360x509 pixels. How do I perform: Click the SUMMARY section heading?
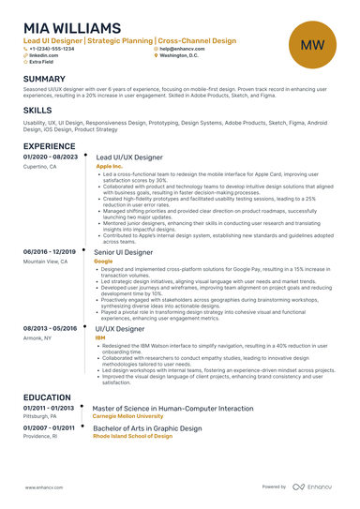click(x=44, y=79)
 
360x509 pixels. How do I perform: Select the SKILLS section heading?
click(x=37, y=111)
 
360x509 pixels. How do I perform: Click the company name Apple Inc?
click(x=109, y=166)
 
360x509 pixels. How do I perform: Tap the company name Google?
click(x=103, y=261)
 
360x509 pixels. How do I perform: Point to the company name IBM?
click(x=99, y=337)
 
